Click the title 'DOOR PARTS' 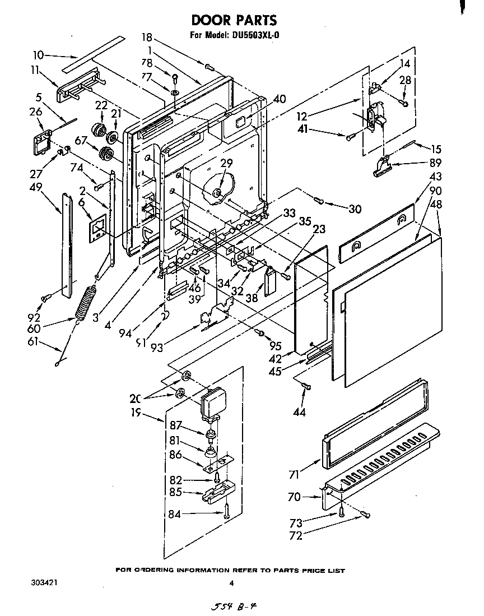234,20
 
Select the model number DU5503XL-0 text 254,35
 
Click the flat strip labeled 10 93,54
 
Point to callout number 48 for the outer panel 435,205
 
